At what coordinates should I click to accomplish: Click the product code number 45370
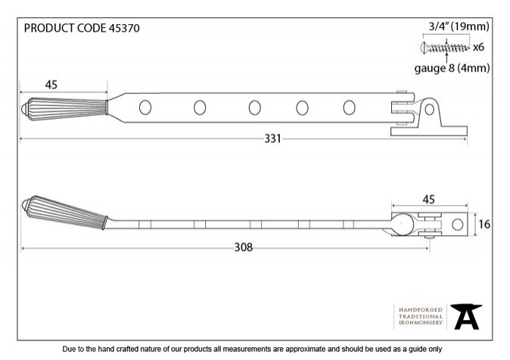pos(124,28)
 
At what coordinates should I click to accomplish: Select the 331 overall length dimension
pos(272,139)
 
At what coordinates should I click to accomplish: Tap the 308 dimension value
pos(244,247)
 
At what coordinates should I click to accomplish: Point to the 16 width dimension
pos(484,224)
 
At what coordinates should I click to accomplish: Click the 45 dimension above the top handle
pos(51,85)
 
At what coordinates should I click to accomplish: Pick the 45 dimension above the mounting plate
pos(428,200)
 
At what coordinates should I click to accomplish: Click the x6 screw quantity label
pos(478,48)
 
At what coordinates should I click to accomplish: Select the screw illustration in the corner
pos(445,48)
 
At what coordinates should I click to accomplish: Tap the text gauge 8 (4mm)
pos(452,68)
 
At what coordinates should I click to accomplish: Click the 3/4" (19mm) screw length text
pos(459,26)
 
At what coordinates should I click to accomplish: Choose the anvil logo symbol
pos(466,316)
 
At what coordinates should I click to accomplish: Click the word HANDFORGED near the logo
pos(421,309)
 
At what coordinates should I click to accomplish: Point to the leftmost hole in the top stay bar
pos(145,107)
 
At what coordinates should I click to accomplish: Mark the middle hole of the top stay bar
pos(255,107)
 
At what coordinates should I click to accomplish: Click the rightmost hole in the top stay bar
pos(349,107)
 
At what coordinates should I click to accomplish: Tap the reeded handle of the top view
pos(64,109)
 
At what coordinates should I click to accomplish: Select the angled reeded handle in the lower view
pos(64,212)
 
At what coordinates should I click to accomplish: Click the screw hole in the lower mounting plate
pos(458,224)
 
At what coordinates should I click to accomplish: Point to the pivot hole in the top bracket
pos(429,110)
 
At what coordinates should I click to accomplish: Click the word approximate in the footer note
pos(306,349)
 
